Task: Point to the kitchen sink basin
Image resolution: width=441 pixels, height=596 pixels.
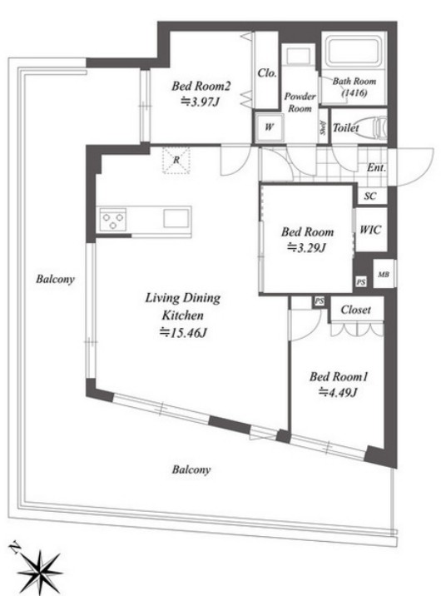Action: click(176, 219)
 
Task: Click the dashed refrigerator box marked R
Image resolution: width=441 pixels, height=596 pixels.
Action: click(176, 160)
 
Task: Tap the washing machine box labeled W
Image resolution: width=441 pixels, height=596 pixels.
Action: click(269, 127)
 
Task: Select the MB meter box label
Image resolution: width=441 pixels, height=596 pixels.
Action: click(384, 275)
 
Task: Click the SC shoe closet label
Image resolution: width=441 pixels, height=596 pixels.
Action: click(370, 196)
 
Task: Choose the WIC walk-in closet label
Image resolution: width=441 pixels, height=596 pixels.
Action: click(370, 230)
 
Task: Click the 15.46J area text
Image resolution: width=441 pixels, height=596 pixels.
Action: click(183, 333)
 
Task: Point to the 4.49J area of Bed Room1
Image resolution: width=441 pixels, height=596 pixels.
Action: click(338, 392)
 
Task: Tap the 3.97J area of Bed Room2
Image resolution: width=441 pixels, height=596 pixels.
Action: click(201, 102)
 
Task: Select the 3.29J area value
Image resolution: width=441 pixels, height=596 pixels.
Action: click(307, 248)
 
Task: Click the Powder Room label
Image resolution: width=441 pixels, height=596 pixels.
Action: click(300, 102)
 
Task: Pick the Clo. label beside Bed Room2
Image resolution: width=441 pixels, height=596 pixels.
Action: click(267, 73)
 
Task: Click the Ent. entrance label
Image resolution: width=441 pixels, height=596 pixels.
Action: click(376, 167)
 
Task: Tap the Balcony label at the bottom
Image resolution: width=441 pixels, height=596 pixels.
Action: click(191, 469)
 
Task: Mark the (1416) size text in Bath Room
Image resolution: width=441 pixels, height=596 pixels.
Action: click(354, 92)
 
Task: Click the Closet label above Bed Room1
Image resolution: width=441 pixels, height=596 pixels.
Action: click(356, 310)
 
